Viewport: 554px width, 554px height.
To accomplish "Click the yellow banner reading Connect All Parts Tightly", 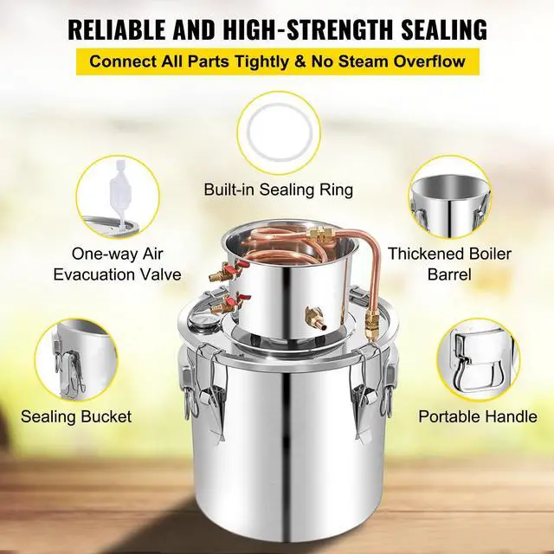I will (x=276, y=62).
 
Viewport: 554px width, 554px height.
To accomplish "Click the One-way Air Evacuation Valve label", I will (x=116, y=264).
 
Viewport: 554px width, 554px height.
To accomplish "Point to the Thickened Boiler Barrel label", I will (x=449, y=264).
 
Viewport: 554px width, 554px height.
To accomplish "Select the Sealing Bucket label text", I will (x=76, y=416).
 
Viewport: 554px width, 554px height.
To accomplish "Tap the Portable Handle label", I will (x=477, y=416).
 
